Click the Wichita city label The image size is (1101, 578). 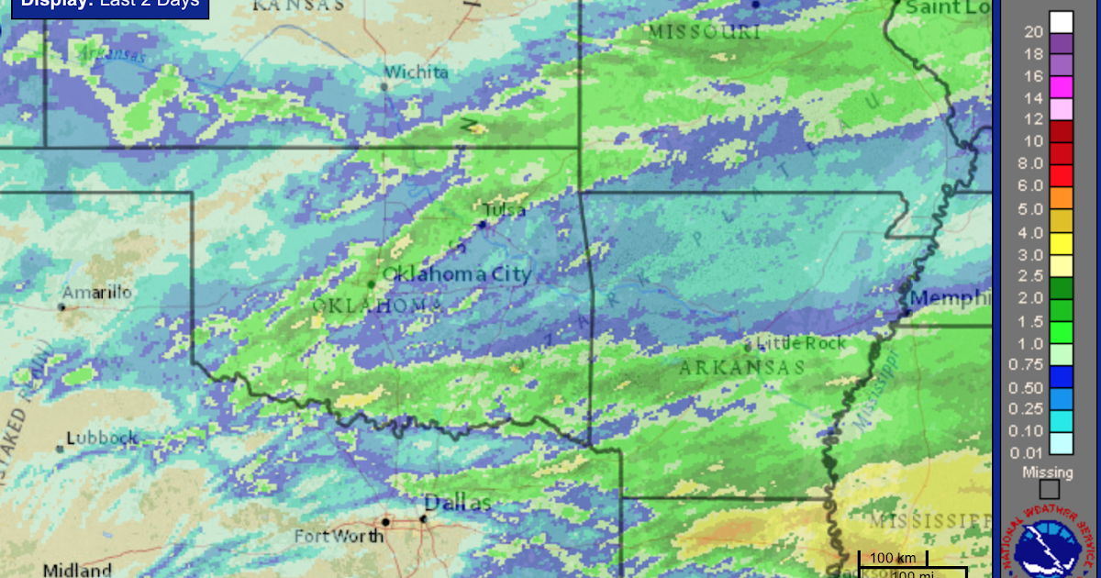pyautogui.click(x=416, y=72)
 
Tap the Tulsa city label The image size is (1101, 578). pyautogui.click(x=505, y=210)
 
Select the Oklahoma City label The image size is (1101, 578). pyautogui.click(x=457, y=273)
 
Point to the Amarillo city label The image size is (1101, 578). pyautogui.click(x=96, y=293)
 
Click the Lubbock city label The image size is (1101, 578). pyautogui.click(x=101, y=438)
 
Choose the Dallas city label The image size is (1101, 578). pyautogui.click(x=458, y=503)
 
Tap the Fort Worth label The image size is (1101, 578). pyautogui.click(x=339, y=536)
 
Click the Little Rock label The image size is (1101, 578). pyautogui.click(x=800, y=343)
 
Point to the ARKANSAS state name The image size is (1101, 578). pyautogui.click(x=741, y=368)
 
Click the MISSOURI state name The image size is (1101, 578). pyautogui.click(x=705, y=32)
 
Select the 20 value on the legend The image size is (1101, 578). pyautogui.click(x=1033, y=32)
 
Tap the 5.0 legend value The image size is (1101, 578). pyautogui.click(x=1033, y=208)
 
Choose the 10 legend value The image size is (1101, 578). pyautogui.click(x=1033, y=141)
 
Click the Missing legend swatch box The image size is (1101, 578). pyautogui.click(x=1049, y=489)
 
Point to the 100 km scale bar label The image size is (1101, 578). pyautogui.click(x=893, y=558)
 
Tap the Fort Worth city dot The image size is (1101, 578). pyautogui.click(x=386, y=521)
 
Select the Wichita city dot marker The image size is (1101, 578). pyautogui.click(x=384, y=87)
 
